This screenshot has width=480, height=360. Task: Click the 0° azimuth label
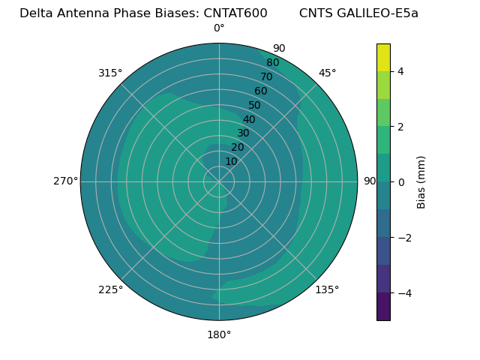pos(219,28)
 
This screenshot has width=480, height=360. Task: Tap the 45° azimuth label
pos(327,73)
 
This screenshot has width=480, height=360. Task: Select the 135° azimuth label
pos(327,289)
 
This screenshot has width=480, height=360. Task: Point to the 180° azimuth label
pos(219,334)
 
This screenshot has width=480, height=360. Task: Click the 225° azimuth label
pos(110,289)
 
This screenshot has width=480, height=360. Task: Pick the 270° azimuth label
pos(66,181)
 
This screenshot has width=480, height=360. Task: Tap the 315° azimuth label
pos(110,73)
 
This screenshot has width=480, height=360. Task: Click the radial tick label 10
pos(231,161)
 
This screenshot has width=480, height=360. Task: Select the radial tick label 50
pos(254,106)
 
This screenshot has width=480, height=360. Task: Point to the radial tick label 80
pos(272,62)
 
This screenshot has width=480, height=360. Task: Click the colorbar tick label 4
pos(400,71)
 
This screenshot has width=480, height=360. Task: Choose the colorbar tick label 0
pos(400,182)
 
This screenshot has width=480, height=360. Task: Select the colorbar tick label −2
pos(403,238)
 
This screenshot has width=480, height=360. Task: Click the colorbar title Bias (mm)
pos(421,182)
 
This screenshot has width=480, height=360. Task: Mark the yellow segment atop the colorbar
pos(383,57)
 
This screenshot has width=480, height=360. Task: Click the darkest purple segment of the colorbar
pos(383,307)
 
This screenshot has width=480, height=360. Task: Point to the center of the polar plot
pos(219,181)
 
